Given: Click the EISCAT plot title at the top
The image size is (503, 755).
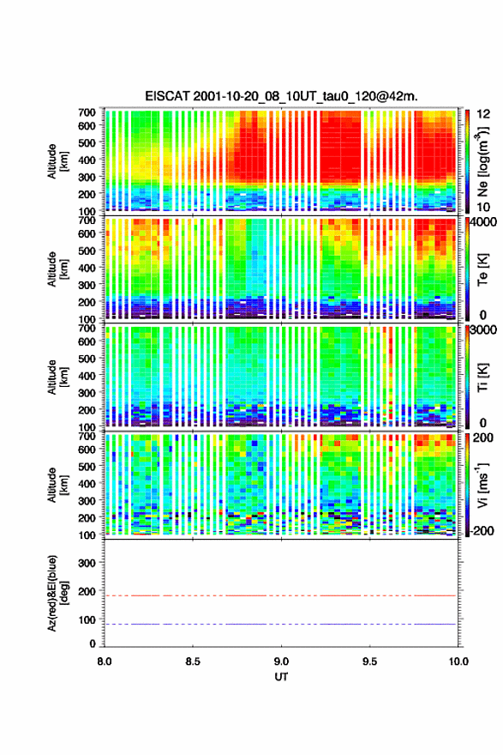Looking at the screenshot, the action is [x=281, y=96].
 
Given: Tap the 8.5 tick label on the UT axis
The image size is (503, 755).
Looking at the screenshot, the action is [x=193, y=661].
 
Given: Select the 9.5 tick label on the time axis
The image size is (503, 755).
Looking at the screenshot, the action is [x=369, y=661].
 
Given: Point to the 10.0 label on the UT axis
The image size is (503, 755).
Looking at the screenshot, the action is [x=458, y=661].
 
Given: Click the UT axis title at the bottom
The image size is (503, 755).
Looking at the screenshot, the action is [x=281, y=677].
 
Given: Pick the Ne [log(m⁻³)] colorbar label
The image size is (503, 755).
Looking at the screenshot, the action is [x=482, y=161].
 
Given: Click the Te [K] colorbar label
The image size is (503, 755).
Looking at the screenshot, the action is [x=482, y=270].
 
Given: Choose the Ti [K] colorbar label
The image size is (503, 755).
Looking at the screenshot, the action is [x=482, y=377].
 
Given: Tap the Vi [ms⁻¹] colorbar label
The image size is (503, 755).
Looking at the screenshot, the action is [x=482, y=485].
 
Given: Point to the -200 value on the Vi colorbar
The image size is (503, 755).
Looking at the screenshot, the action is [x=481, y=530].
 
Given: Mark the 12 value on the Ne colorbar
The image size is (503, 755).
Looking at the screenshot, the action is [x=483, y=114].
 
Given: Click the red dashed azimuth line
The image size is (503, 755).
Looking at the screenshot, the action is [x=280, y=595].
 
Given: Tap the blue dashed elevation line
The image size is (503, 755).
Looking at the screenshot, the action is [x=280, y=624].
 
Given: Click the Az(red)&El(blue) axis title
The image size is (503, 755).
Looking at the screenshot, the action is [x=57, y=593].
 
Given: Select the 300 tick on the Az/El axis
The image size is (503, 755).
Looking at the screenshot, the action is [x=87, y=563].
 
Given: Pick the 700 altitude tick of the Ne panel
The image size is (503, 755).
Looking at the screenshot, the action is [x=87, y=112].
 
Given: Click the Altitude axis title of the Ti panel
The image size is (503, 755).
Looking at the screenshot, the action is [x=57, y=377].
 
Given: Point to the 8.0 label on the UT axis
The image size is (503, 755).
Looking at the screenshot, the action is [x=105, y=661].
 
